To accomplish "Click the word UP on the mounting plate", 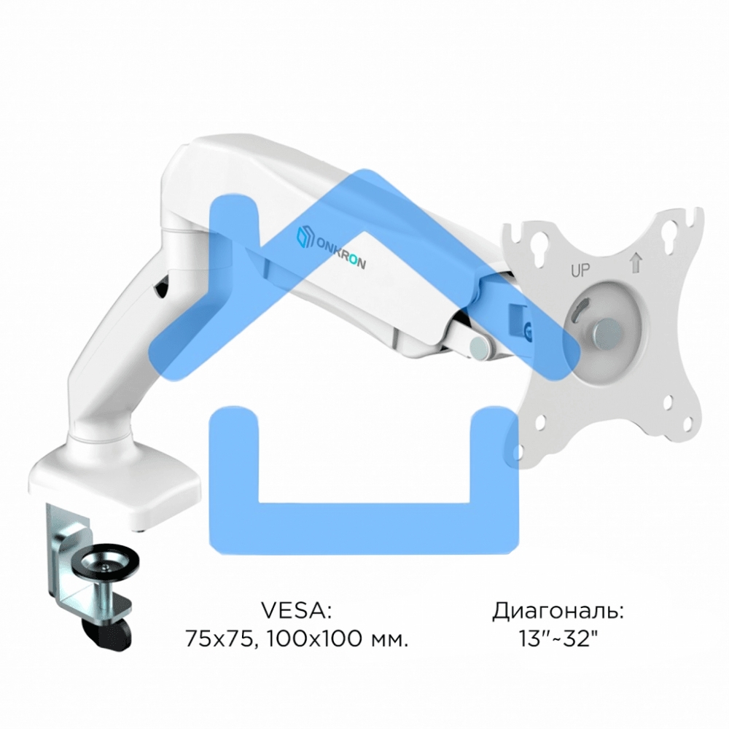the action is pos(580,270).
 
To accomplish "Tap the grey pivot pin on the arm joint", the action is pos(480,347).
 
